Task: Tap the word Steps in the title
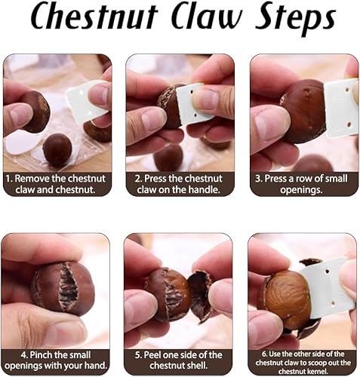295,20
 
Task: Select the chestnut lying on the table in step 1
57,150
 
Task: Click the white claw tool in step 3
341,109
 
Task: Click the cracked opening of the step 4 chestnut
67,287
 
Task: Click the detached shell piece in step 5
199,296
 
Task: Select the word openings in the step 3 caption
301,189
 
